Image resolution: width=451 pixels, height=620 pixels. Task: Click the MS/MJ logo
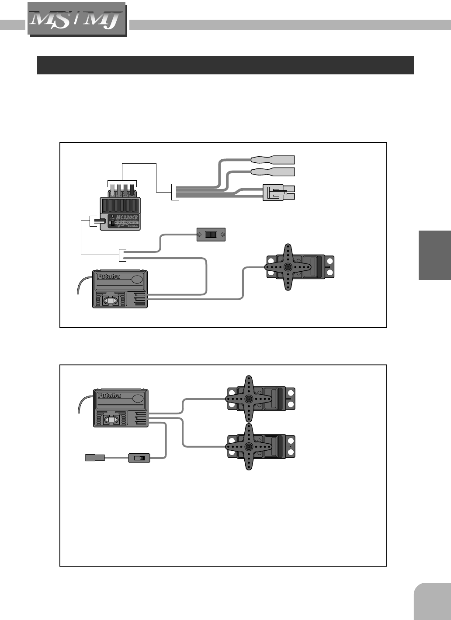pos(77,19)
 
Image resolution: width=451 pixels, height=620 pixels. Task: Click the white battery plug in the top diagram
pos(278,193)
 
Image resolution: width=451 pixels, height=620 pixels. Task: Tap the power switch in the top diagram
pos(211,235)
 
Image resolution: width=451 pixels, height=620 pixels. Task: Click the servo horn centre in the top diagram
pos(288,267)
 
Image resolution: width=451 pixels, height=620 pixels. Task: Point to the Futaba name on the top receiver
pos(109,277)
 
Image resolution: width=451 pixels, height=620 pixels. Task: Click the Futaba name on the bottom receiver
pos(109,396)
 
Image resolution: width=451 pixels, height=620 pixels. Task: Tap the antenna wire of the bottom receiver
pos(83,403)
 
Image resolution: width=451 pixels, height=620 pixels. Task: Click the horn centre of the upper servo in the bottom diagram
pos(249,399)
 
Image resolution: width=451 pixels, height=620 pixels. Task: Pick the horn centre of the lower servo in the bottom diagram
pos(249,447)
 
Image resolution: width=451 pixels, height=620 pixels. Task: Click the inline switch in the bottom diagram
pos(139,458)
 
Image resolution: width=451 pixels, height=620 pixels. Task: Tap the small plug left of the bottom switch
pos(95,458)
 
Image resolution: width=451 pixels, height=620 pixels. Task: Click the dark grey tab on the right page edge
pos(434,255)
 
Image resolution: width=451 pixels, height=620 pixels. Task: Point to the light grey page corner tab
pos(433,602)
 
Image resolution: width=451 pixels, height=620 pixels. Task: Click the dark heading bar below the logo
pos(225,65)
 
